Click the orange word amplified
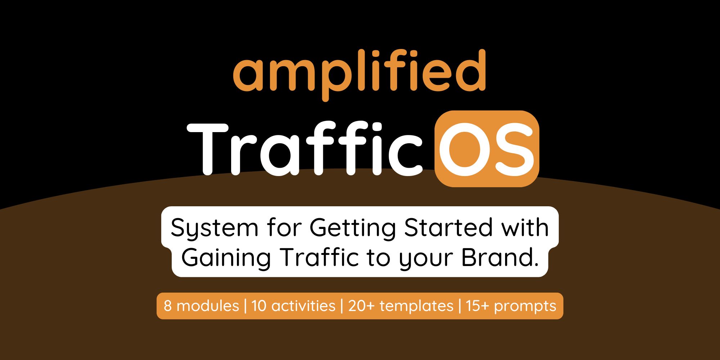pyautogui.click(x=359, y=74)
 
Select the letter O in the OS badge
pyautogui.click(x=464, y=149)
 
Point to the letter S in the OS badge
pyautogui.click(x=512, y=149)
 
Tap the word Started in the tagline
pyautogui.click(x=448, y=227)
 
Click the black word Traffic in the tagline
pyautogui.click(x=319, y=257)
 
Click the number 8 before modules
pyautogui.click(x=167, y=306)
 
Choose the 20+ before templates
pyautogui.click(x=362, y=306)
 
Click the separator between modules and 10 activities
pyautogui.click(x=245, y=306)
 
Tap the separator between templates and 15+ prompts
pyautogui.click(x=460, y=306)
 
